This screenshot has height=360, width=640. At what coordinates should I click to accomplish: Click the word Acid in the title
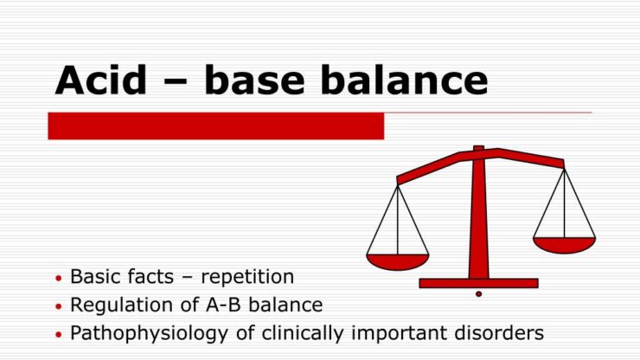pos(101,80)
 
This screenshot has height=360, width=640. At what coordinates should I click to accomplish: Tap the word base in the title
pos(254,80)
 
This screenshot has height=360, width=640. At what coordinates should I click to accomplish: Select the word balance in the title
pos(404,80)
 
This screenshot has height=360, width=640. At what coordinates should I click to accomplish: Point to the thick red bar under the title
pos(216,126)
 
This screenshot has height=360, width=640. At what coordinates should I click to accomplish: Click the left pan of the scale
pos(398,261)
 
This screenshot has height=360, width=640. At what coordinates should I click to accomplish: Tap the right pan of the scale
pos(565,245)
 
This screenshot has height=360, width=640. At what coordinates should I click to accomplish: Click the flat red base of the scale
pos(479,283)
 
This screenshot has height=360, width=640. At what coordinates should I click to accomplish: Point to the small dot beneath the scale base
pos(479,294)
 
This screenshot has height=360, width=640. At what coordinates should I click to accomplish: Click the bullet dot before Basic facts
pos(58,279)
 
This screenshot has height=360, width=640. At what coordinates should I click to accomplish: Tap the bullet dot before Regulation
pos(58,306)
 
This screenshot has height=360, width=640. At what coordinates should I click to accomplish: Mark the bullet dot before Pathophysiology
pos(58,335)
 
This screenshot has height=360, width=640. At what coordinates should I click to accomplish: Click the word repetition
pos(247,277)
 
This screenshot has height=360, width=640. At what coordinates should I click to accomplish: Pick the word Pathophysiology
pos(150,333)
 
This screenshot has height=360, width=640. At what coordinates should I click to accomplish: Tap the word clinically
pos(303,333)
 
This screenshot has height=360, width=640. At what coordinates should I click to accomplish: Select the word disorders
pos(499,332)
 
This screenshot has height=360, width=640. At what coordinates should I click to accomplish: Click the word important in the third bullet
pos(399,333)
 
